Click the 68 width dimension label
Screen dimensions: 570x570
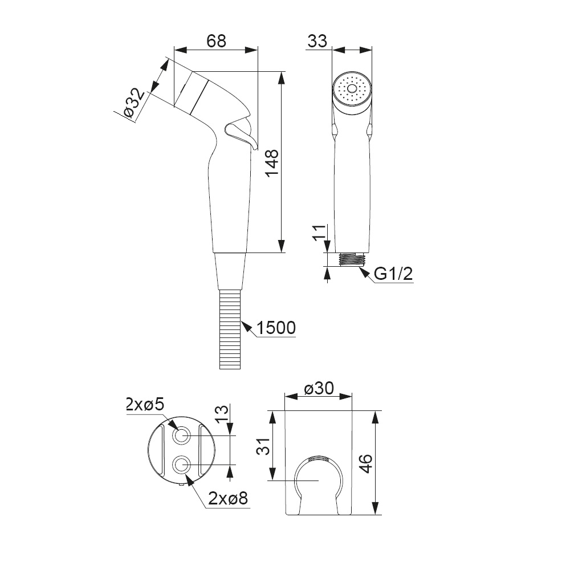pyautogui.click(x=216, y=41)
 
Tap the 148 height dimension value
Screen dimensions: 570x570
pyautogui.click(x=272, y=162)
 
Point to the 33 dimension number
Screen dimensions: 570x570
pyautogui.click(x=317, y=41)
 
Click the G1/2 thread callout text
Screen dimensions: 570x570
pyautogui.click(x=394, y=274)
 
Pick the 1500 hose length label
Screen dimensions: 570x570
pyautogui.click(x=276, y=328)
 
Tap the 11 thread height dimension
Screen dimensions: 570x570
pyautogui.click(x=318, y=233)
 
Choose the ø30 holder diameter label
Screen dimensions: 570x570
pyautogui.click(x=319, y=389)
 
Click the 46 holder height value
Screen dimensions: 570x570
pyautogui.click(x=366, y=463)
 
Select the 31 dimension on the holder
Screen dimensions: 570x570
pyautogui.click(x=264, y=446)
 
